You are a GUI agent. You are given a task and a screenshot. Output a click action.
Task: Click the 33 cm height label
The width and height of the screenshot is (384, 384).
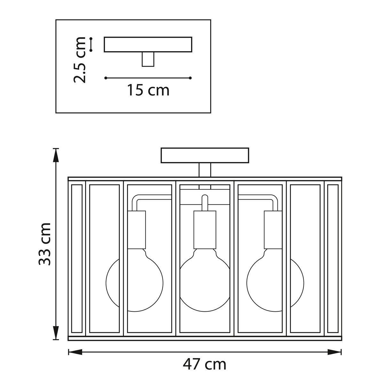[44, 244]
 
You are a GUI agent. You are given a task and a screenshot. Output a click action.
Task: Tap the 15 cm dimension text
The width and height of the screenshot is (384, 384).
[148, 90]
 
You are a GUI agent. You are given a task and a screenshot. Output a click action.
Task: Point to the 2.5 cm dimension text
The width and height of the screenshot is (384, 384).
[79, 60]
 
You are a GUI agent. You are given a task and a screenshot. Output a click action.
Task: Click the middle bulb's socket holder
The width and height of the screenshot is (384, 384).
[205, 230]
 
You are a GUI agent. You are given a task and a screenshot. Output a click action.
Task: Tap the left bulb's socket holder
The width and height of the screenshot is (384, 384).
[137, 230]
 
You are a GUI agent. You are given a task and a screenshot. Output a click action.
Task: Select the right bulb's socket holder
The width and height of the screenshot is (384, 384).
[273, 230]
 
